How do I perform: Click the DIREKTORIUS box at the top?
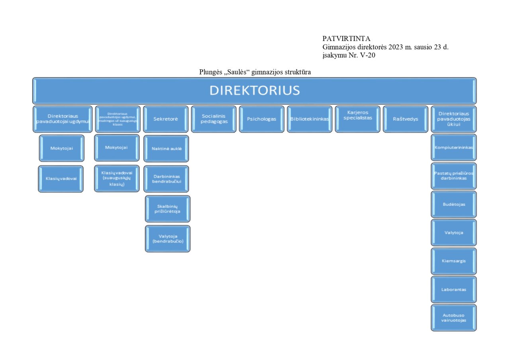[254, 91]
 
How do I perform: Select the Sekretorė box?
[165, 119]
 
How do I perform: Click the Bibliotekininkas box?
[310, 119]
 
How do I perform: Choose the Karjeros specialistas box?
[358, 119]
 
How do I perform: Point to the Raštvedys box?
[406, 119]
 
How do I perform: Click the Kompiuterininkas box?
[454, 147]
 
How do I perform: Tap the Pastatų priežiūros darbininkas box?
[454, 176]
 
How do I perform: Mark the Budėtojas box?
[454, 204]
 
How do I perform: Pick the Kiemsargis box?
[454, 261]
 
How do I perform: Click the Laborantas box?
[454, 290]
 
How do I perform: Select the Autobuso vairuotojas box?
[454, 318]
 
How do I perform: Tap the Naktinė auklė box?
[166, 149]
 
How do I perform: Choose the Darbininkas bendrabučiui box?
[166, 179]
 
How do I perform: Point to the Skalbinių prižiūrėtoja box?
[168, 209]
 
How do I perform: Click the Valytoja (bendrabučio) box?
[168, 239]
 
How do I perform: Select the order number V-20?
[368, 56]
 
